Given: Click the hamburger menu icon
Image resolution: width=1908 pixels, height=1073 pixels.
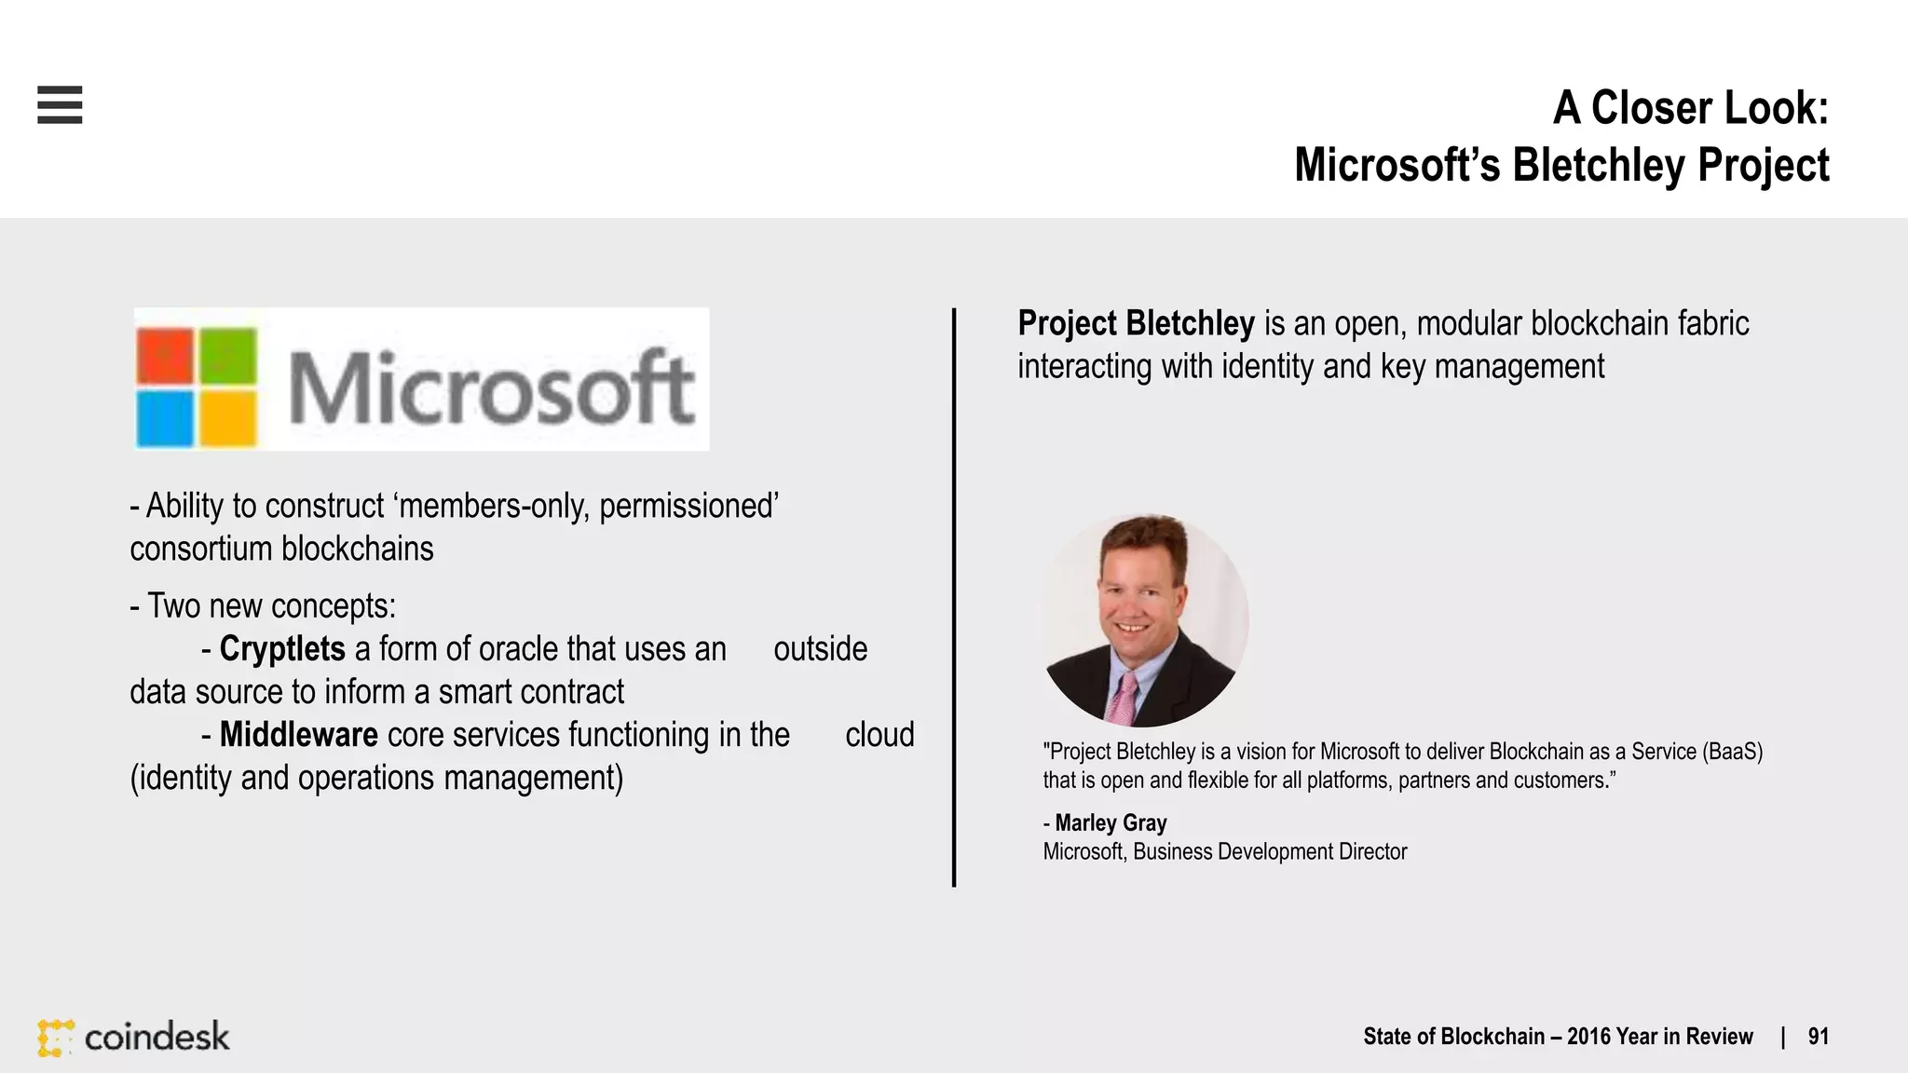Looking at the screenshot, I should (60, 104).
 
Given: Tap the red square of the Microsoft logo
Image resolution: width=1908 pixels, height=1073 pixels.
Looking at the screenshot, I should (165, 355).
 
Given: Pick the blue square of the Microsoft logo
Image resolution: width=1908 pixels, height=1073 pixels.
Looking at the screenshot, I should (165, 418).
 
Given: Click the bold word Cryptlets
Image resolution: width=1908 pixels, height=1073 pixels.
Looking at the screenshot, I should (282, 649).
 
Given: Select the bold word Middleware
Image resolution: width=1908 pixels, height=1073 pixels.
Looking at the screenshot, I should (298, 735).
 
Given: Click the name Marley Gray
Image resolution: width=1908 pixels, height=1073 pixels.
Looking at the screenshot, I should (1111, 823).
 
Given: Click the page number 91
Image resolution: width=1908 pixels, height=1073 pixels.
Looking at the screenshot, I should (1818, 1037).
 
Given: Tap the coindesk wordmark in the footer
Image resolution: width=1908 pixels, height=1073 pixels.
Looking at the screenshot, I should (157, 1037).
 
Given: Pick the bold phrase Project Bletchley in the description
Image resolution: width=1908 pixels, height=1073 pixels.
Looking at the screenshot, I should (1136, 324).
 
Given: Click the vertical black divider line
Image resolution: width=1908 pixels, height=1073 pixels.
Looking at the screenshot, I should (954, 596).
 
